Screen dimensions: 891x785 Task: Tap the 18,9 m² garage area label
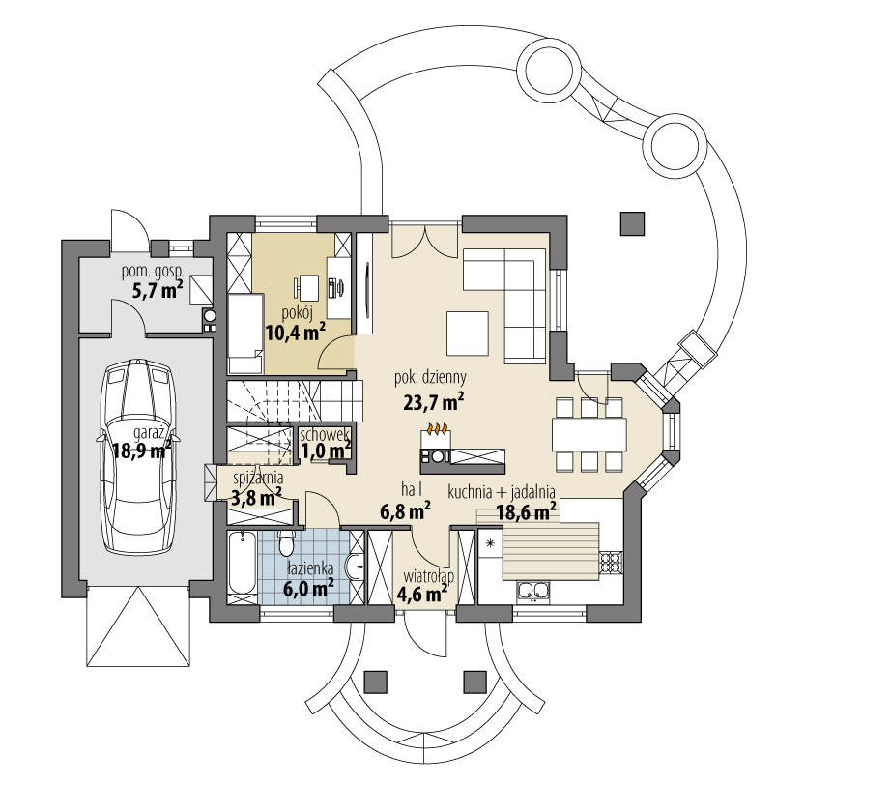pos(141,451)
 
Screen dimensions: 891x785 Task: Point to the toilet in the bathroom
pos(286,543)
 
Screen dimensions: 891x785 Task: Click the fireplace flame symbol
pos(438,426)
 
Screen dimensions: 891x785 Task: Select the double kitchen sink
pos(533,591)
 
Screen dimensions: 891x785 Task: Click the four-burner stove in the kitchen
pos(611,563)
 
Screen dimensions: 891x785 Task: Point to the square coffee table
pos(468,333)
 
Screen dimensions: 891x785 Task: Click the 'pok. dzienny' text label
pos(431,377)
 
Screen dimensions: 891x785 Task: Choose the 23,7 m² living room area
pos(434,402)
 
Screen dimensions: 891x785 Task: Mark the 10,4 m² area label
pos(296,332)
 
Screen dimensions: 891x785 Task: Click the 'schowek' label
pos(325,435)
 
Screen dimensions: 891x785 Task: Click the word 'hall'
pos(412,488)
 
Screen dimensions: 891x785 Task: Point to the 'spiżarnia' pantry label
pos(258,480)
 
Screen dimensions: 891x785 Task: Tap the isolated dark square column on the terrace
pos(632,224)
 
